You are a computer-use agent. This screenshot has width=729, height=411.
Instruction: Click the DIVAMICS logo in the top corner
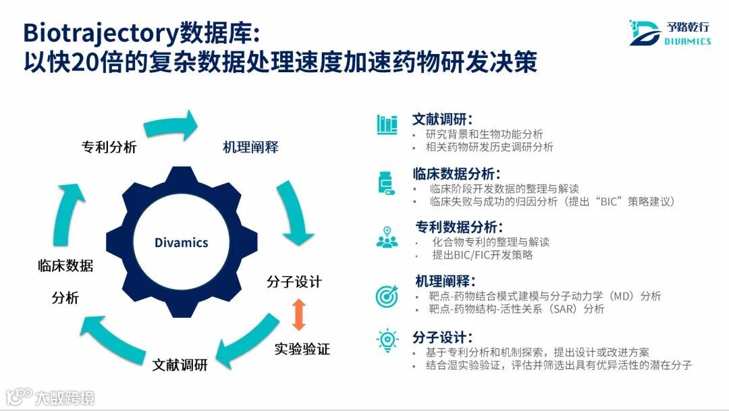(670, 33)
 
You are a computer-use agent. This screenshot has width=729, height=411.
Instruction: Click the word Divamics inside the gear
(181, 242)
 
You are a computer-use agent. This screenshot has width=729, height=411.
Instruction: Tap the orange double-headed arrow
(299, 315)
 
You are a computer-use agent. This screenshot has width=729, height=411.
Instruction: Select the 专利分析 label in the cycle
(109, 147)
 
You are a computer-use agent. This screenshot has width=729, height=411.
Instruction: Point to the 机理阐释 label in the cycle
(250, 147)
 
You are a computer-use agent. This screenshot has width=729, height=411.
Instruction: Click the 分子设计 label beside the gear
(294, 281)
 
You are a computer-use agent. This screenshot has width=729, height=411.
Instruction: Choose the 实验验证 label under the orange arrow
(302, 349)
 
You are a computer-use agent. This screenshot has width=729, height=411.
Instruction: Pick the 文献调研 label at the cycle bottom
(180, 365)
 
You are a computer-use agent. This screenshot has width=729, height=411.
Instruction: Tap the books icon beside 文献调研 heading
(387, 124)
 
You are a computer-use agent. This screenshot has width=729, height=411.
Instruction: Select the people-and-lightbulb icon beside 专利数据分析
(387, 238)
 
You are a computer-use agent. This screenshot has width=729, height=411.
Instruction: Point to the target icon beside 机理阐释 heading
(387, 296)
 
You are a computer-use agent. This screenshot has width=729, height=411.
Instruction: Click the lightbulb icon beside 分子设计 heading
(387, 340)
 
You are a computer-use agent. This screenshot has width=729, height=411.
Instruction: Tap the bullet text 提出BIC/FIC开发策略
(483, 255)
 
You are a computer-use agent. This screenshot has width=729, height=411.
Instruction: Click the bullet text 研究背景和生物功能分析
(484, 134)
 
